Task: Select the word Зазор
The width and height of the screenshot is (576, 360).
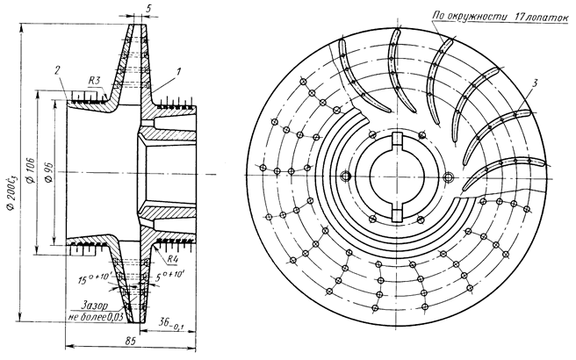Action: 92,306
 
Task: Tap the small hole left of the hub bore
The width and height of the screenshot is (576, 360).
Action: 348,176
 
